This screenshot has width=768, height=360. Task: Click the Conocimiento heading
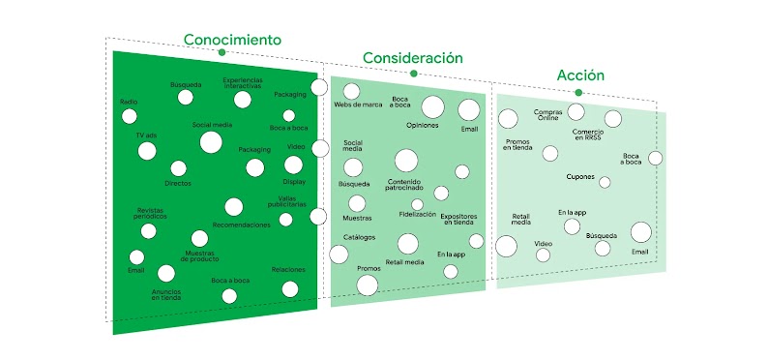click(x=233, y=40)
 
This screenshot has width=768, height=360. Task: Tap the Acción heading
click(x=580, y=75)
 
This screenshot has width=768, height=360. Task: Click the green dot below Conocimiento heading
click(x=222, y=52)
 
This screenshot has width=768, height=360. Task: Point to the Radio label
click(x=129, y=102)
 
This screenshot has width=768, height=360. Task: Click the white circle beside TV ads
click(x=146, y=151)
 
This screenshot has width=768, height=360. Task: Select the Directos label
click(x=178, y=182)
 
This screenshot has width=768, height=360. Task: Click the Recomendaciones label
click(x=241, y=225)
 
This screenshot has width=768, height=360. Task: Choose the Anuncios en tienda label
click(x=166, y=294)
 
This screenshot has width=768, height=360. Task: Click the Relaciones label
click(x=288, y=269)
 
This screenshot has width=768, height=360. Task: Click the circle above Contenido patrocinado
click(x=406, y=160)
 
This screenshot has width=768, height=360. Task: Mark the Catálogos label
click(x=359, y=237)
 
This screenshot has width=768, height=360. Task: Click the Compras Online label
click(x=547, y=115)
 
